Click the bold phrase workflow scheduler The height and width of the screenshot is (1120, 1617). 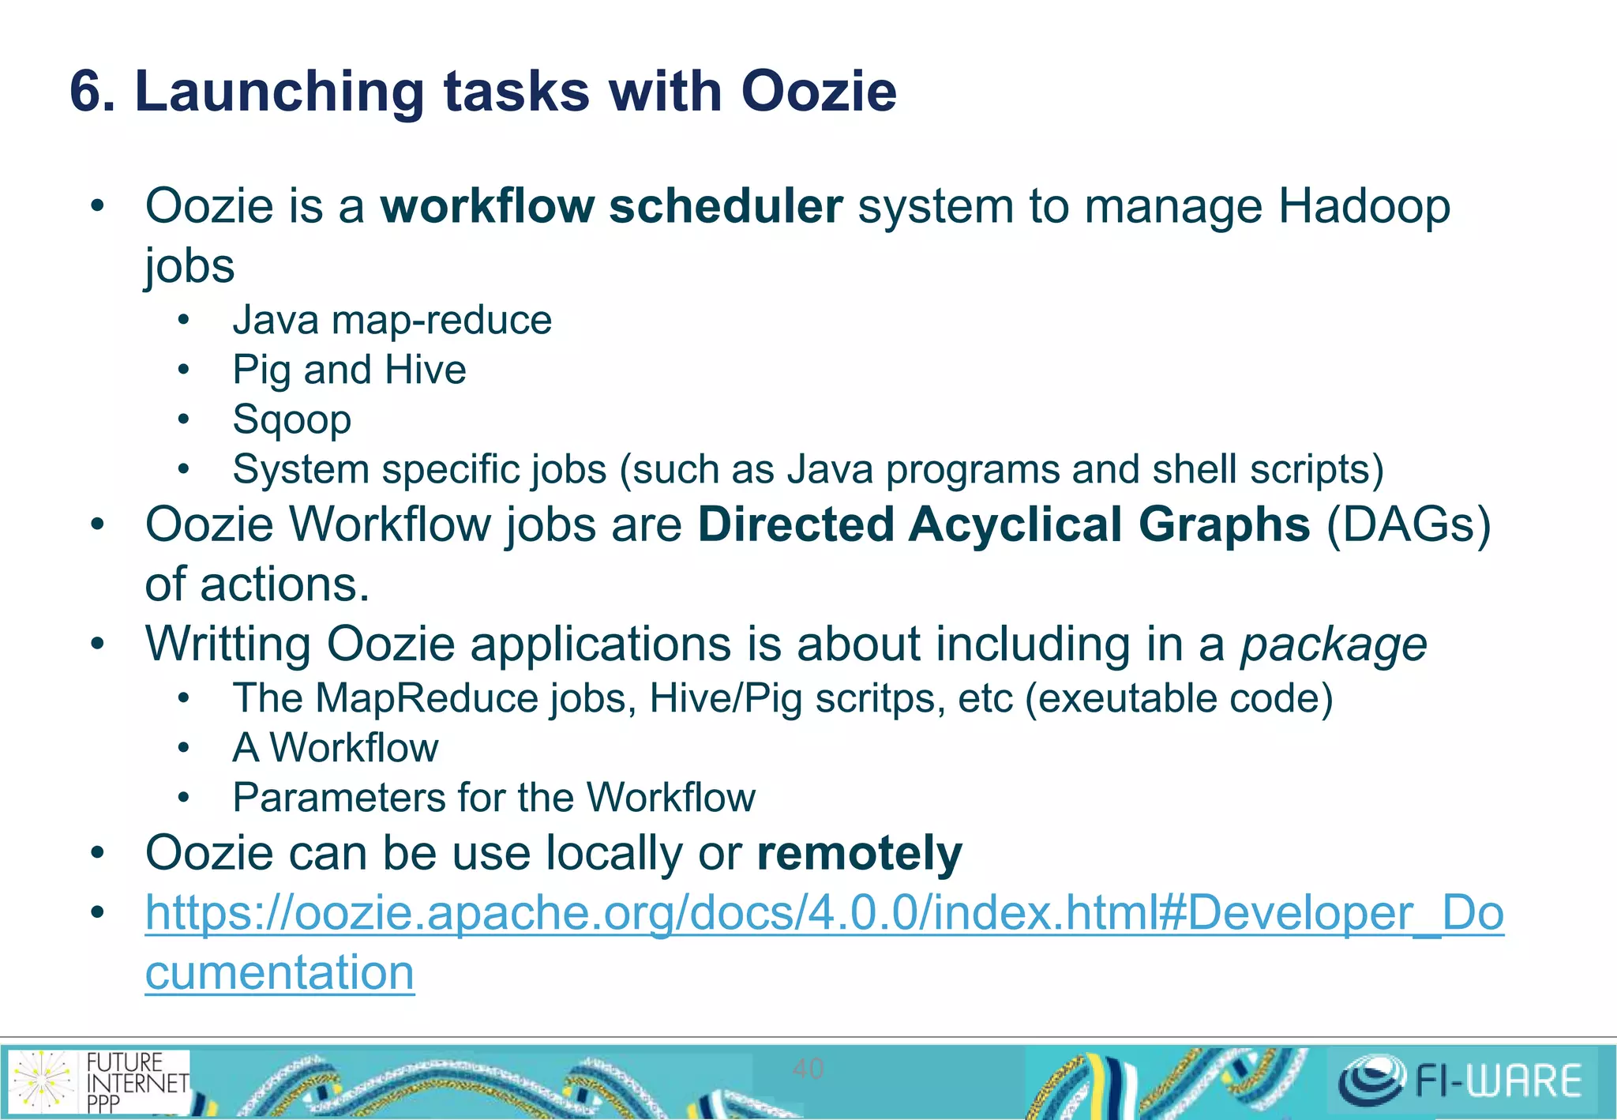point(612,207)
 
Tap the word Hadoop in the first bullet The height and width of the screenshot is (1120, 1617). point(1364,207)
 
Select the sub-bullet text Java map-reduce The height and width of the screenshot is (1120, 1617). point(392,321)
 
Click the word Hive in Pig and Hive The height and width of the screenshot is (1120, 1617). point(426,370)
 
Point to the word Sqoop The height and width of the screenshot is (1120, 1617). point(291,419)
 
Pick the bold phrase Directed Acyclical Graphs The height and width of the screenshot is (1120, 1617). point(1004,524)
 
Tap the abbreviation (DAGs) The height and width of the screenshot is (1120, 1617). point(1409,524)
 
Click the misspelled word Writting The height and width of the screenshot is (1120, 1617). point(228,645)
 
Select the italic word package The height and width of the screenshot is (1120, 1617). point(1334,645)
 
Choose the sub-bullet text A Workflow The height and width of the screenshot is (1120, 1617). point(335,748)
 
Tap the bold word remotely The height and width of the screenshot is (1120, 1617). point(859,854)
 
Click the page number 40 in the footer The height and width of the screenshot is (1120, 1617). point(808,1069)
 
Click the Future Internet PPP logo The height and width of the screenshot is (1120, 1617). point(99,1081)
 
